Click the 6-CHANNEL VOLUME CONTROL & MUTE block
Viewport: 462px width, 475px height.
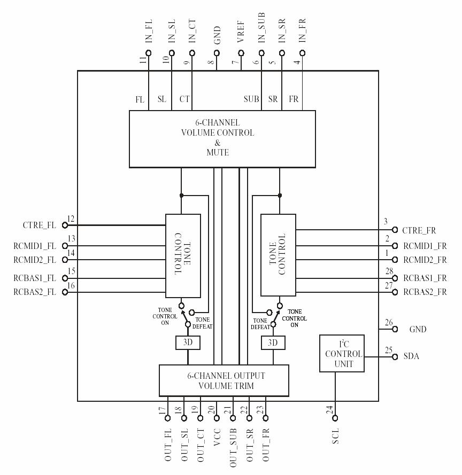(x=222, y=138)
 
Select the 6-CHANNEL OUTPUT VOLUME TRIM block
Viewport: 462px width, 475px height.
(x=224, y=380)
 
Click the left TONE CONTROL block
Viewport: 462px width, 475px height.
(x=182, y=255)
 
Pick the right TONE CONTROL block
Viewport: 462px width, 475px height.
(x=278, y=255)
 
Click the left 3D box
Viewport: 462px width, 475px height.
(x=188, y=342)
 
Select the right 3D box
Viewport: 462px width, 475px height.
(x=273, y=342)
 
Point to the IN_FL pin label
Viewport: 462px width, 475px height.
(x=149, y=32)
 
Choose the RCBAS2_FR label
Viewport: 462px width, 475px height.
(x=425, y=292)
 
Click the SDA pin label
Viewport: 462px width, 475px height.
(x=411, y=356)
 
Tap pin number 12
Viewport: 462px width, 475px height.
(x=71, y=220)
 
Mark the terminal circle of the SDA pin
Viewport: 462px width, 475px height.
(x=395, y=356)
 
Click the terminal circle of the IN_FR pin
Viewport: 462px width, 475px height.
(x=303, y=53)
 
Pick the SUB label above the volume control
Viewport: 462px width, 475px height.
(x=251, y=99)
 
